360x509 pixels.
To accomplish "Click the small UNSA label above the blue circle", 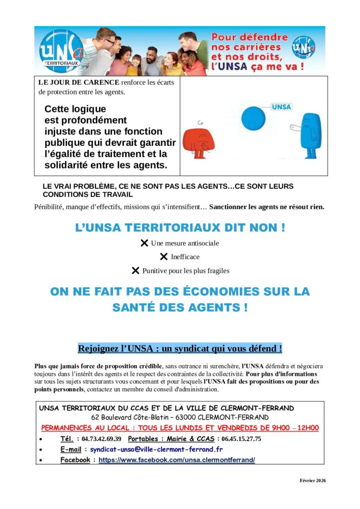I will tap(282, 107).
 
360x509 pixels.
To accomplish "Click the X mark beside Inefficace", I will tap(164, 257).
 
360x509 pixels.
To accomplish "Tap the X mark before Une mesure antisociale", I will tap(144, 243).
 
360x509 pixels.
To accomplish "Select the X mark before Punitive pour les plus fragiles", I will tap(135, 271).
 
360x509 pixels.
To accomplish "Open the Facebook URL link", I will tap(177, 460).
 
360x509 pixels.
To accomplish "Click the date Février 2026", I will tap(312, 480).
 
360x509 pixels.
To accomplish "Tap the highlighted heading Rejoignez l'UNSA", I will tap(180, 348).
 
